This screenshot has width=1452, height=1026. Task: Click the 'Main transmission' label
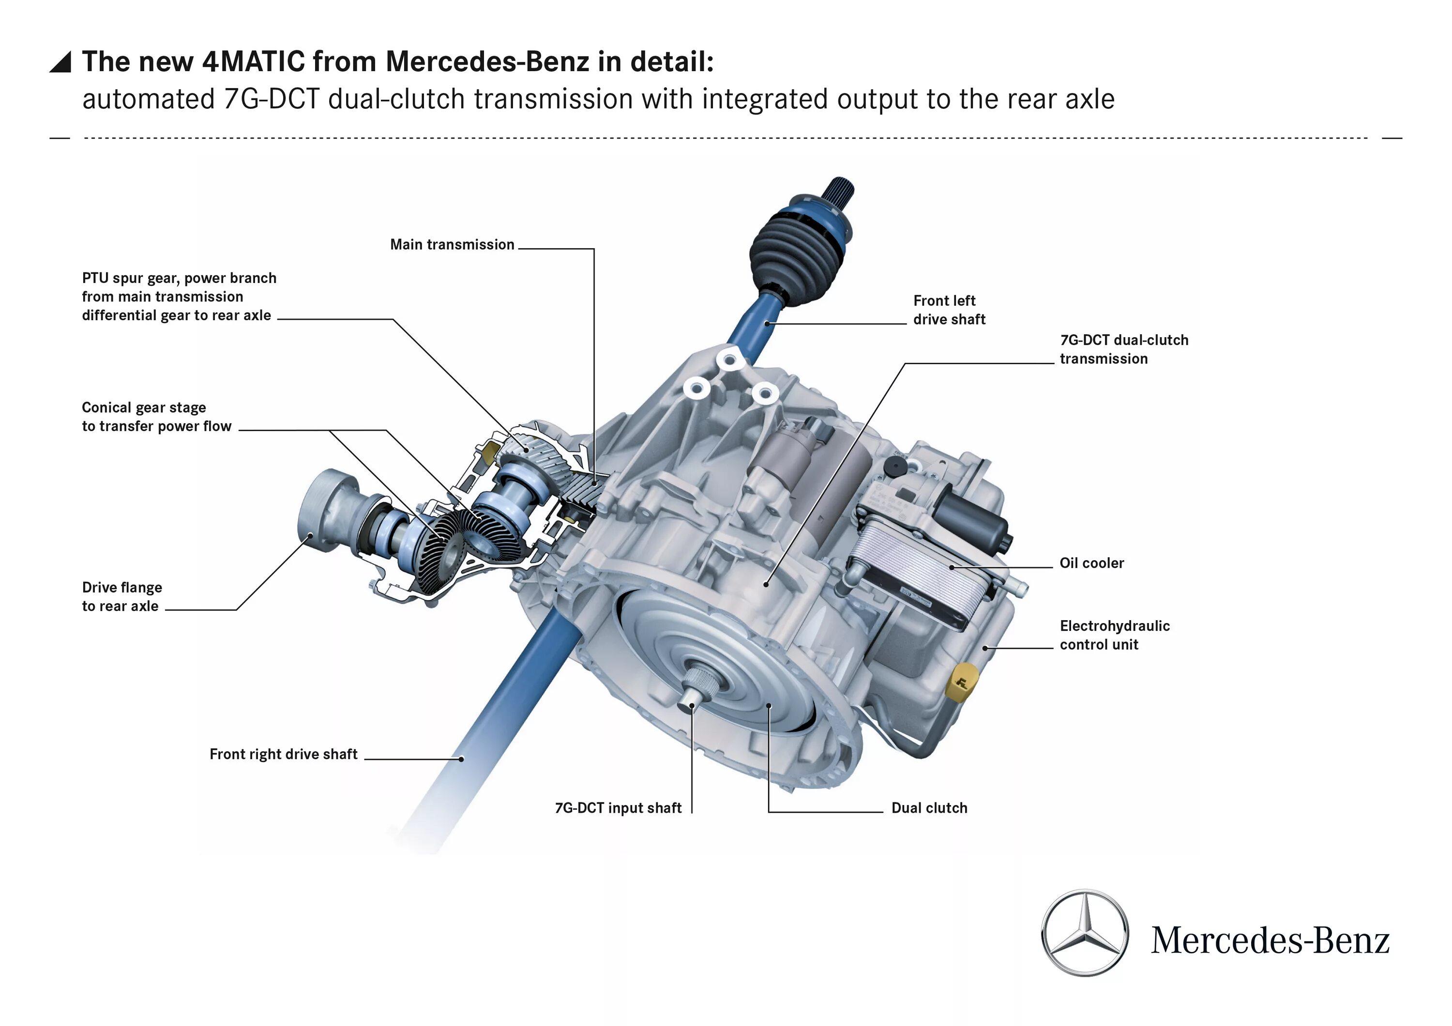point(452,245)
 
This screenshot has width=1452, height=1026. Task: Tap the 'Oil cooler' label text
point(1091,563)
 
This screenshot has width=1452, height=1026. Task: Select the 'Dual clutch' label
point(929,807)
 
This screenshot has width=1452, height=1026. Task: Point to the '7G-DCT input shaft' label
point(618,807)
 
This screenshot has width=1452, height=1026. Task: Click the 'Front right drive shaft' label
point(283,754)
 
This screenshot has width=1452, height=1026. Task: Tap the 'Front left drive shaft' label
point(949,310)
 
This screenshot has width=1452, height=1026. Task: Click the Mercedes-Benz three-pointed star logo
point(1084,933)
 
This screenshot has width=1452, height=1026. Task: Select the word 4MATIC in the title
point(253,62)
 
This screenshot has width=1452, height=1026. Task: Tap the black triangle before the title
point(60,62)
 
